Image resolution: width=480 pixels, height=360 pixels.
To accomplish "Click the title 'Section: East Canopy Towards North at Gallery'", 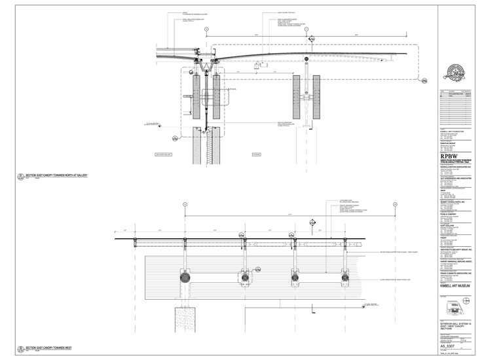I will (x=59, y=176).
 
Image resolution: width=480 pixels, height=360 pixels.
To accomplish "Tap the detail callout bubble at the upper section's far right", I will (x=424, y=81).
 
